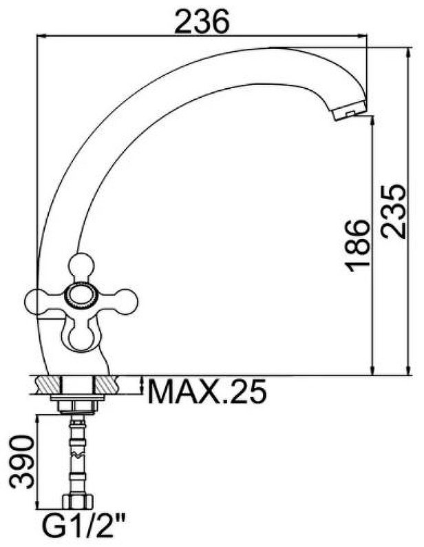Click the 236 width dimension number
click(x=202, y=21)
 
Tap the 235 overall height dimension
click(x=393, y=211)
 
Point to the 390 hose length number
click(x=22, y=461)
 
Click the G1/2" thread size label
click(x=84, y=529)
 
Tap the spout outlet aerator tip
click(x=349, y=110)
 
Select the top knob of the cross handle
click(x=81, y=267)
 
